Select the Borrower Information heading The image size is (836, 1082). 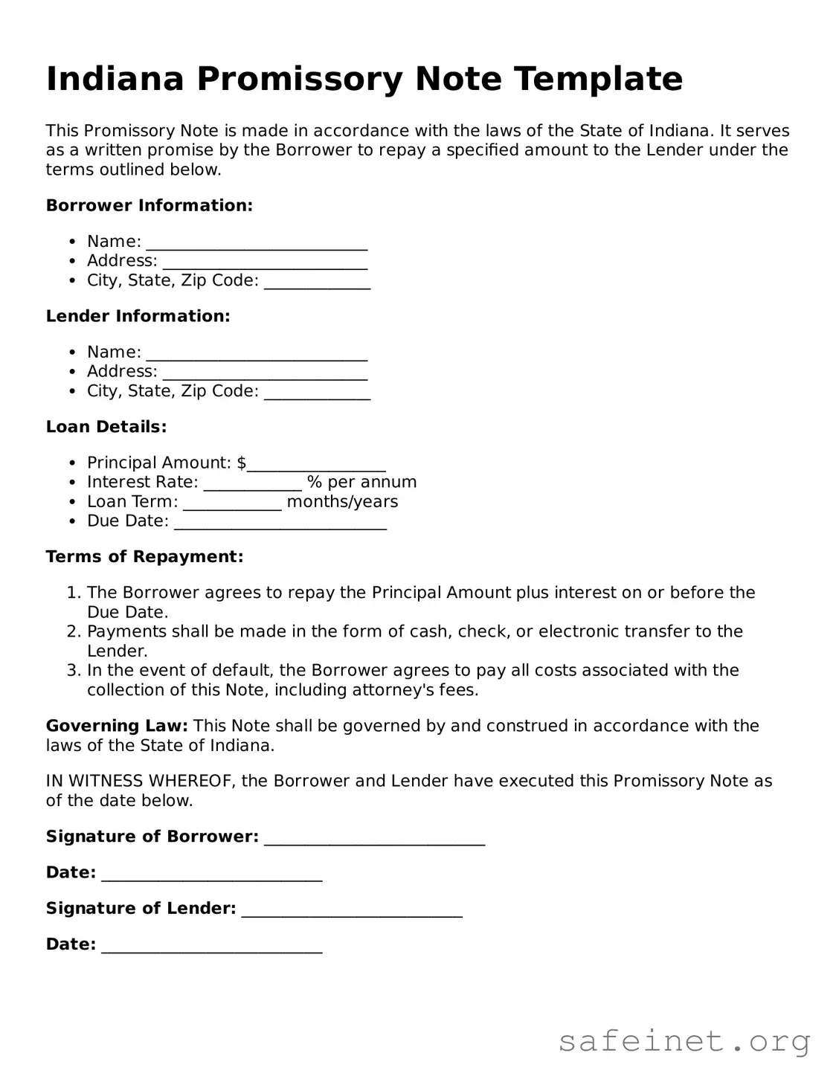click(149, 205)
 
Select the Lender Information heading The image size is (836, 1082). click(138, 316)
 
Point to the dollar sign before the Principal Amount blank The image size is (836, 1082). click(242, 463)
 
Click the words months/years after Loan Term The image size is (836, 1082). click(342, 502)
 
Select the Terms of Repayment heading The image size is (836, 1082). click(145, 557)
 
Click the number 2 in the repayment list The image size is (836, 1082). click(72, 631)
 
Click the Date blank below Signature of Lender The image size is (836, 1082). click(212, 947)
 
